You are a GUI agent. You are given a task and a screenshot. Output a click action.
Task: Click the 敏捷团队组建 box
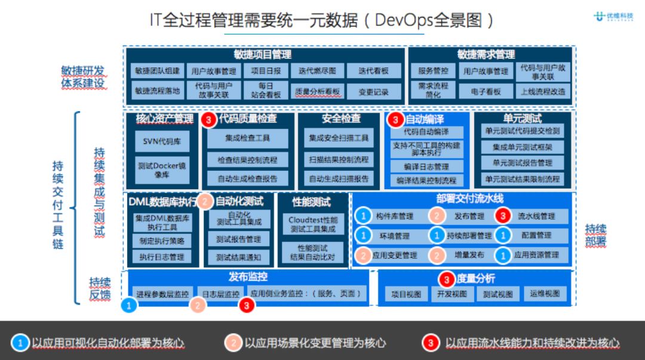click(x=157, y=71)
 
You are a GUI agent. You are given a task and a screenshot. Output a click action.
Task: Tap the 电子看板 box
click(x=486, y=91)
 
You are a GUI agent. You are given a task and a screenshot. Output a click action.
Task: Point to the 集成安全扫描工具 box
click(x=339, y=139)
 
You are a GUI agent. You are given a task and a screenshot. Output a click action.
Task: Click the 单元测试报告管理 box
click(x=522, y=162)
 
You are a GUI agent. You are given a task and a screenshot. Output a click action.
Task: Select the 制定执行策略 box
click(x=162, y=241)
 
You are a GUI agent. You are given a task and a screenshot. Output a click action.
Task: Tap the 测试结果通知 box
click(x=238, y=257)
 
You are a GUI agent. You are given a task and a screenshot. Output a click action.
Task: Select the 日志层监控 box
click(x=220, y=294)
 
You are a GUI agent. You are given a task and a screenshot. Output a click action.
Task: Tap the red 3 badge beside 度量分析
click(x=447, y=279)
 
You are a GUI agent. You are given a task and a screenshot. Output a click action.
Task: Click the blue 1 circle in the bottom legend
click(x=21, y=343)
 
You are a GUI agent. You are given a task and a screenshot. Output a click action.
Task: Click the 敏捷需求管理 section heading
click(x=486, y=54)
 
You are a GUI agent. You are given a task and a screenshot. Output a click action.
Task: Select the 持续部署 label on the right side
click(x=595, y=235)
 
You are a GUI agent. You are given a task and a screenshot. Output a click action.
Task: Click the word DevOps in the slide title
click(x=404, y=20)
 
